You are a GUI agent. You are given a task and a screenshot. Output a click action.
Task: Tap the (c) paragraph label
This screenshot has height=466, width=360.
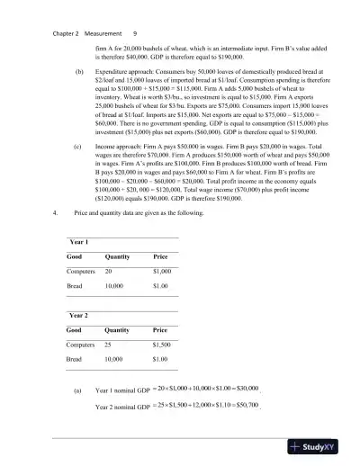pyautogui.click(x=79, y=142)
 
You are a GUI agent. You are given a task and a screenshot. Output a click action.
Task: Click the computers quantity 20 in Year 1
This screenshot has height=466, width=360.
pyautogui.click(x=109, y=271)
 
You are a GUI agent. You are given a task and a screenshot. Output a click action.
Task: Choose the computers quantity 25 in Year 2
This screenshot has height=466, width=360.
pyautogui.click(x=109, y=345)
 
